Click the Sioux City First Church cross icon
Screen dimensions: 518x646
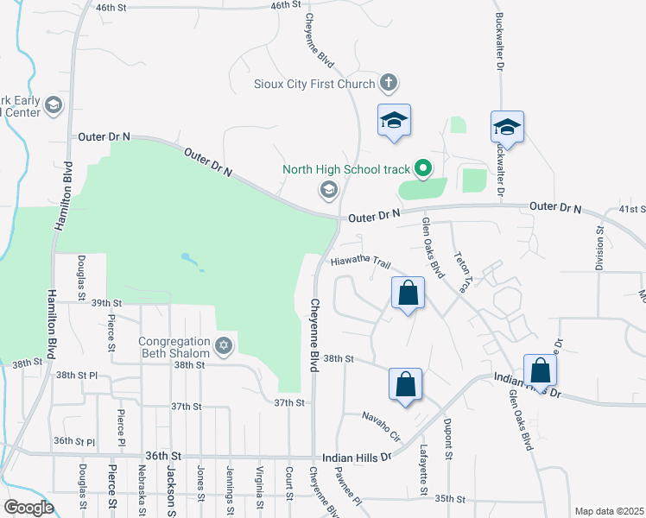[389, 84]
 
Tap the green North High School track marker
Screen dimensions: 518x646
[423, 168]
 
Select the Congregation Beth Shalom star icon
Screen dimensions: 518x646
[224, 346]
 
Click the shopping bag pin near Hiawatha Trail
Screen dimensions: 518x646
[408, 294]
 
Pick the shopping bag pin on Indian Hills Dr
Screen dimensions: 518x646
[540, 371]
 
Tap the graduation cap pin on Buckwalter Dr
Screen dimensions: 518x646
[507, 127]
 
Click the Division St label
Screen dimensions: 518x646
[598, 250]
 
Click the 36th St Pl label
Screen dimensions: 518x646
[73, 440]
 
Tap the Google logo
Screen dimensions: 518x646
[28, 508]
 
